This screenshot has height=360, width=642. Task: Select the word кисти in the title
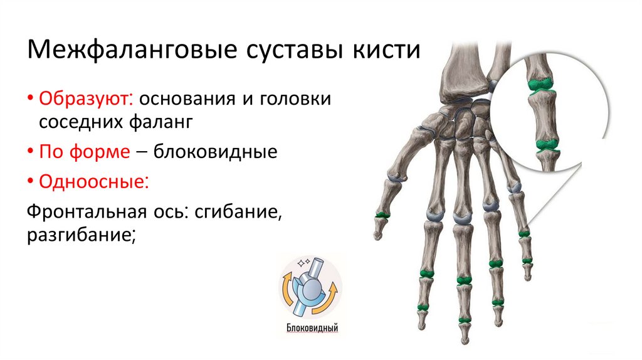pyautogui.click(x=389, y=50)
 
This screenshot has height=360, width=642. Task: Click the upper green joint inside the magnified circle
pyautogui.click(x=539, y=84)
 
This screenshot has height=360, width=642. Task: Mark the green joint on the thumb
pyautogui.click(x=382, y=215)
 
